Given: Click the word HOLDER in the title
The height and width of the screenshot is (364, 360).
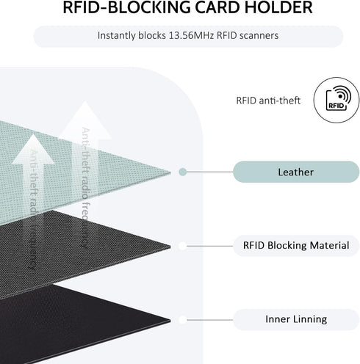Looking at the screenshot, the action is pyautogui.click(x=279, y=7).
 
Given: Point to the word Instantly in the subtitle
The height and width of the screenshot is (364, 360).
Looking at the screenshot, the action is pyautogui.click(x=117, y=36).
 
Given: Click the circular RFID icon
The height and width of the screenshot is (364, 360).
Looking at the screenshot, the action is pyautogui.click(x=336, y=100).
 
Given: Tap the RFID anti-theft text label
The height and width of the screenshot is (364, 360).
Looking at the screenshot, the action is pyautogui.click(x=268, y=101).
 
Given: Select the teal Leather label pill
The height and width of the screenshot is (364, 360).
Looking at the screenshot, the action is pyautogui.click(x=296, y=172).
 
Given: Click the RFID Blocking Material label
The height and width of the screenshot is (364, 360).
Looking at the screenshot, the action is pyautogui.click(x=296, y=245).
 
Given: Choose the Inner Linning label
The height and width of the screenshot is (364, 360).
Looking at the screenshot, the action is pyautogui.click(x=296, y=319).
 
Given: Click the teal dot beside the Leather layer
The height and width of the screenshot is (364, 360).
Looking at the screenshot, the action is pyautogui.click(x=182, y=172).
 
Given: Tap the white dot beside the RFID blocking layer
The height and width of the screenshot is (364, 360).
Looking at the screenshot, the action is pyautogui.click(x=182, y=246).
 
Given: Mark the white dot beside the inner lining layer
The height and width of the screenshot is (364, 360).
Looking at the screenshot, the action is pyautogui.click(x=182, y=320).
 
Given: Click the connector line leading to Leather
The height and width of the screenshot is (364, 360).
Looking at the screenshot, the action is pyautogui.click(x=209, y=172).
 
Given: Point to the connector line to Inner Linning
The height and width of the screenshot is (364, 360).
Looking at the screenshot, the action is pyautogui.click(x=209, y=320).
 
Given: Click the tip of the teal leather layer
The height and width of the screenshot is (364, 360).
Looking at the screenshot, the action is pyautogui.click(x=170, y=172).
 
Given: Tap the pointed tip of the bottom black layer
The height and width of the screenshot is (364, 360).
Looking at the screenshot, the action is pyautogui.click(x=170, y=321).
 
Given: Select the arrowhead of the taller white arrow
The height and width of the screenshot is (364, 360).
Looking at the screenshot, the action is pyautogui.click(x=85, y=120).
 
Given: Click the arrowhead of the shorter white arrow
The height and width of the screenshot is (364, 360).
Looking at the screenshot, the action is pyautogui.click(x=33, y=148).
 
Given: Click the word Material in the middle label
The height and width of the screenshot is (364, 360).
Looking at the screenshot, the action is pyautogui.click(x=329, y=245).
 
